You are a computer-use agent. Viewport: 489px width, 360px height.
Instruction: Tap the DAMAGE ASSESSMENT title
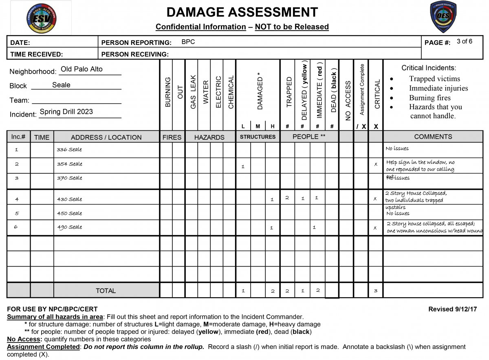[x=242, y=12]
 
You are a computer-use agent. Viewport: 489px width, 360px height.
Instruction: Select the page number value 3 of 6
[x=465, y=41]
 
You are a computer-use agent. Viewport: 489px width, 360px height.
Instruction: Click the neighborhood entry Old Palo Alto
[x=81, y=69]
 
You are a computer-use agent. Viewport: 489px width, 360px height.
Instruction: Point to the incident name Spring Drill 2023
[x=66, y=112]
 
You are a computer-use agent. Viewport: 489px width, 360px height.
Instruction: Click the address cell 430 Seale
[x=69, y=199]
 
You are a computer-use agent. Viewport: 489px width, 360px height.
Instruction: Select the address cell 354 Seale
[x=69, y=164]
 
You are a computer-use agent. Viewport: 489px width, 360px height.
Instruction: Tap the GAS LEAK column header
[x=193, y=92]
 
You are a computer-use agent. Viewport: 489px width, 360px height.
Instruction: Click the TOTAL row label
[x=106, y=291]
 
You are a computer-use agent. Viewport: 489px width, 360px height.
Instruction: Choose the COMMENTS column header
[x=433, y=137]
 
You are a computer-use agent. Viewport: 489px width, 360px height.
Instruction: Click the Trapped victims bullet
[x=434, y=79]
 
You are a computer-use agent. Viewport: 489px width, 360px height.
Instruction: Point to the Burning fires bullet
[x=430, y=98]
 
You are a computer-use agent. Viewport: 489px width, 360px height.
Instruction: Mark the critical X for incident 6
[x=375, y=228]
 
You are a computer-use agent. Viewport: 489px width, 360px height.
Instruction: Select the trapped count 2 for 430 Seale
[x=287, y=198]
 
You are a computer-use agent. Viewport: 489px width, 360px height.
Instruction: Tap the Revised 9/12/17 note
[x=452, y=309]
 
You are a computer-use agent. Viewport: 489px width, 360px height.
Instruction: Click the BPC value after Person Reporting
[x=188, y=42]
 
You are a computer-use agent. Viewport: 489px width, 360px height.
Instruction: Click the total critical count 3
[x=376, y=291]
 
